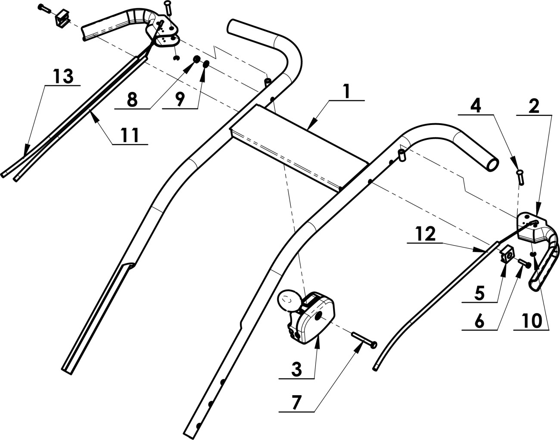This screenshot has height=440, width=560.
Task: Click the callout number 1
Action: (x=345, y=91)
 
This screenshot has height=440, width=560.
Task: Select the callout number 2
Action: (x=534, y=107)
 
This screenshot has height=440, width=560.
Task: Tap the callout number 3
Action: (x=296, y=369)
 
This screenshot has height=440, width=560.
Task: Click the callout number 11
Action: (x=130, y=135)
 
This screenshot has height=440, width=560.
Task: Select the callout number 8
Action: (x=132, y=100)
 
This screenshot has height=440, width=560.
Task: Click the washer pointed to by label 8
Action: (x=196, y=59)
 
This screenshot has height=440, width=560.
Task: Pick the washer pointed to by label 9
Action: (x=206, y=64)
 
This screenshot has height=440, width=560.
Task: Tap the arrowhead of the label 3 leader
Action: (x=318, y=339)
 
